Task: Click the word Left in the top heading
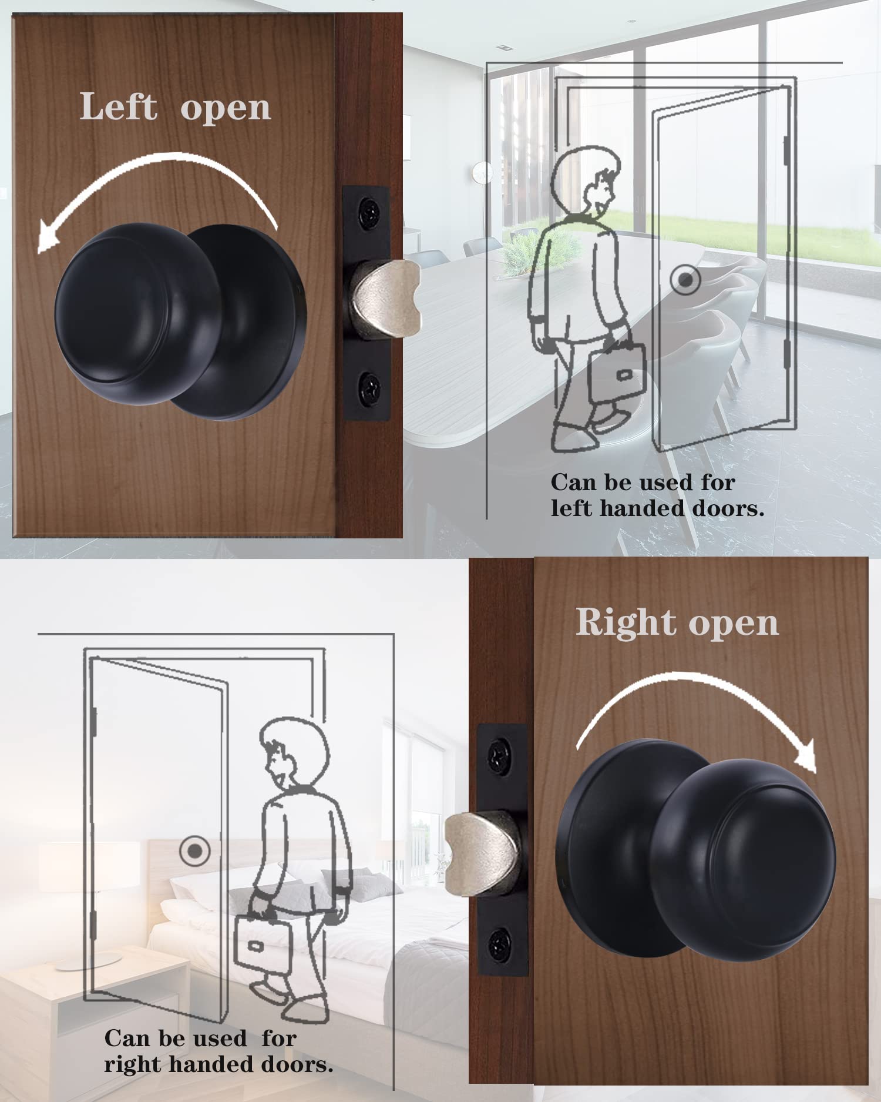click(118, 107)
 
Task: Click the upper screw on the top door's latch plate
click(369, 209)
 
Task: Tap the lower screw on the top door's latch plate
click(369, 388)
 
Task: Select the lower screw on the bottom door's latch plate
click(500, 944)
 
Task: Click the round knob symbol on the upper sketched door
click(685, 280)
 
